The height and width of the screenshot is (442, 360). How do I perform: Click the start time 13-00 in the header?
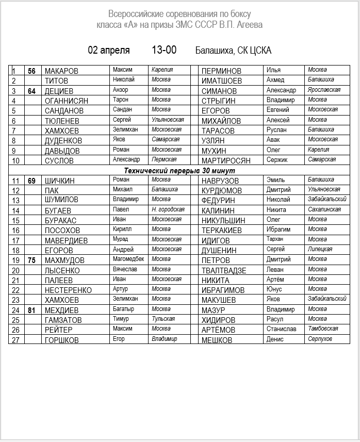pos(164,50)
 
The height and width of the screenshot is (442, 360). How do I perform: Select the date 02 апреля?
pos(109,50)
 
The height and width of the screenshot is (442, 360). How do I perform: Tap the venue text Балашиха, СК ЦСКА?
pos(233,51)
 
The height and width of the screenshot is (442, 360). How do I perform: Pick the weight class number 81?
pos(31,310)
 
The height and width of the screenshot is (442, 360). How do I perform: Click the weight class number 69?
pos(31,181)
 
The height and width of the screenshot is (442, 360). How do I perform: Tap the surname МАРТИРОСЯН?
pos(226,160)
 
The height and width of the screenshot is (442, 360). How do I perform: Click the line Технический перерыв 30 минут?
pos(179,170)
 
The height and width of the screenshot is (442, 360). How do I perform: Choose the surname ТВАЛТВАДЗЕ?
pos(224,270)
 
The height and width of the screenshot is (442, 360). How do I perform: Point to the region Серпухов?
pos(320,339)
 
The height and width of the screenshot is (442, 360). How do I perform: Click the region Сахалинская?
pos(324,209)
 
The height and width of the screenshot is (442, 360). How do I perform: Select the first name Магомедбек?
pos(128,259)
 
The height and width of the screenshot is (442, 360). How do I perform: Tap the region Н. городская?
pos(168,209)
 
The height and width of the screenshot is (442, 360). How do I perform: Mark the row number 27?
pos(15,340)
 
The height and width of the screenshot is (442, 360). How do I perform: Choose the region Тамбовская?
pos(323,329)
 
